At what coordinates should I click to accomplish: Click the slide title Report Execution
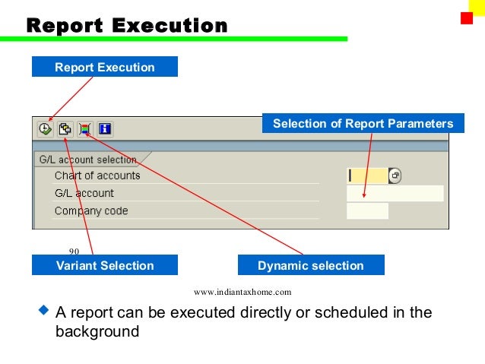click(127, 26)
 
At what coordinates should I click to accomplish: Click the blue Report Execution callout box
click(104, 68)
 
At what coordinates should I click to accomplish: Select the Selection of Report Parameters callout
click(363, 123)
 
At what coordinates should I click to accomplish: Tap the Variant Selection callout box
click(104, 265)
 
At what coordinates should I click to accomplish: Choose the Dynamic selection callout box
click(310, 265)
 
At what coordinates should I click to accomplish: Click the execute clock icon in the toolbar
click(46, 129)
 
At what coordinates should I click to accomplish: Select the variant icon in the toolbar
click(65, 129)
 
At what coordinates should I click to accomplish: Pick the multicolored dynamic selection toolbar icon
click(85, 129)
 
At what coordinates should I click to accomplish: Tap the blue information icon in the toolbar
click(105, 129)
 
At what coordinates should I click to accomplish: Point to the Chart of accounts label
click(97, 176)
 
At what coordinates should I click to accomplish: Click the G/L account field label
click(84, 193)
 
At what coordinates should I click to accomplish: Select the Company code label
click(91, 210)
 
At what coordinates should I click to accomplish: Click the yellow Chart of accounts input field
click(367, 176)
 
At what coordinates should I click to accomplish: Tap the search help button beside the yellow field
click(395, 176)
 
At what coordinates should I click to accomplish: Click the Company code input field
click(367, 210)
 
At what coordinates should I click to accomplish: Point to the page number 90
click(74, 252)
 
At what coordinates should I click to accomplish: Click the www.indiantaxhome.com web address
click(242, 292)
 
